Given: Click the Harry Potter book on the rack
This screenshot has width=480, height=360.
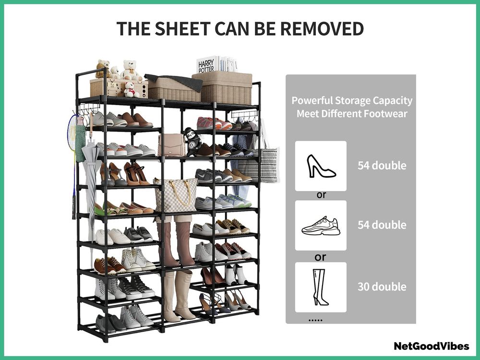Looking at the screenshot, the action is coord(207,65).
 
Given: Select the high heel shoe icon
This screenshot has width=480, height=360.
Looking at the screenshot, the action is coord(321,166).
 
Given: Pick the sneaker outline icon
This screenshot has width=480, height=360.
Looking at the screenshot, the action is coord(321,226).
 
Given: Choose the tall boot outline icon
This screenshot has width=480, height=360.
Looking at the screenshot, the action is coord(320,287).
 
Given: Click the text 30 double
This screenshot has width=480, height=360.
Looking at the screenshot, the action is coord(382,287).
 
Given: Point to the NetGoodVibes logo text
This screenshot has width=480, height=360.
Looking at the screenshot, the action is coord(432,346).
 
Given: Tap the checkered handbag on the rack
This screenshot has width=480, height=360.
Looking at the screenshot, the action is coord(176,194).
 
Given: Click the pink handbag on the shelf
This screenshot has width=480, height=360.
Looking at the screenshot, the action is coord(172,145).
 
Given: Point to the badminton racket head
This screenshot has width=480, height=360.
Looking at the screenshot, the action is coord(72,132).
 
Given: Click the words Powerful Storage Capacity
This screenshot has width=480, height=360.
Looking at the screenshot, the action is coord(352,100).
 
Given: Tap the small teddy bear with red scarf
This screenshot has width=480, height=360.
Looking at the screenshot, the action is coord(130,90).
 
